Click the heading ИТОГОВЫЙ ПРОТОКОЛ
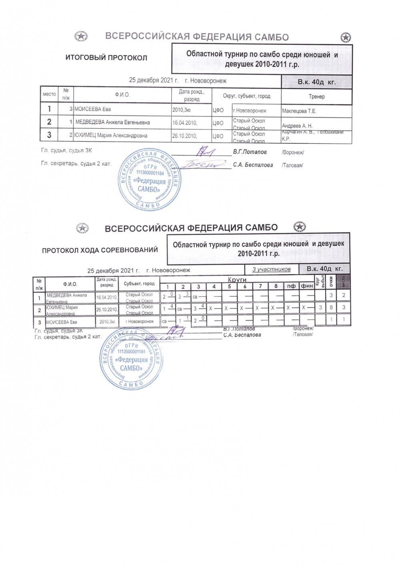tap(106, 58)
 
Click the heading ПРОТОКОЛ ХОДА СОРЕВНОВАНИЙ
tap(100, 250)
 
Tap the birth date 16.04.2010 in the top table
tap(185, 122)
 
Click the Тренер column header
tap(316, 96)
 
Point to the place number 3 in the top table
tap(49, 135)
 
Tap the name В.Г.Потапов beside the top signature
tap(250, 152)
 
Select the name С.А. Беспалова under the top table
tap(253, 165)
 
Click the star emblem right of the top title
tap(346, 38)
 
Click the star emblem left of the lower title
tap(82, 228)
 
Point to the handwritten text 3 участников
tap(271, 269)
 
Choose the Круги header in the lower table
tap(237, 279)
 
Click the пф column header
tap(291, 286)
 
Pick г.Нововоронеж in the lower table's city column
tap(139, 321)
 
